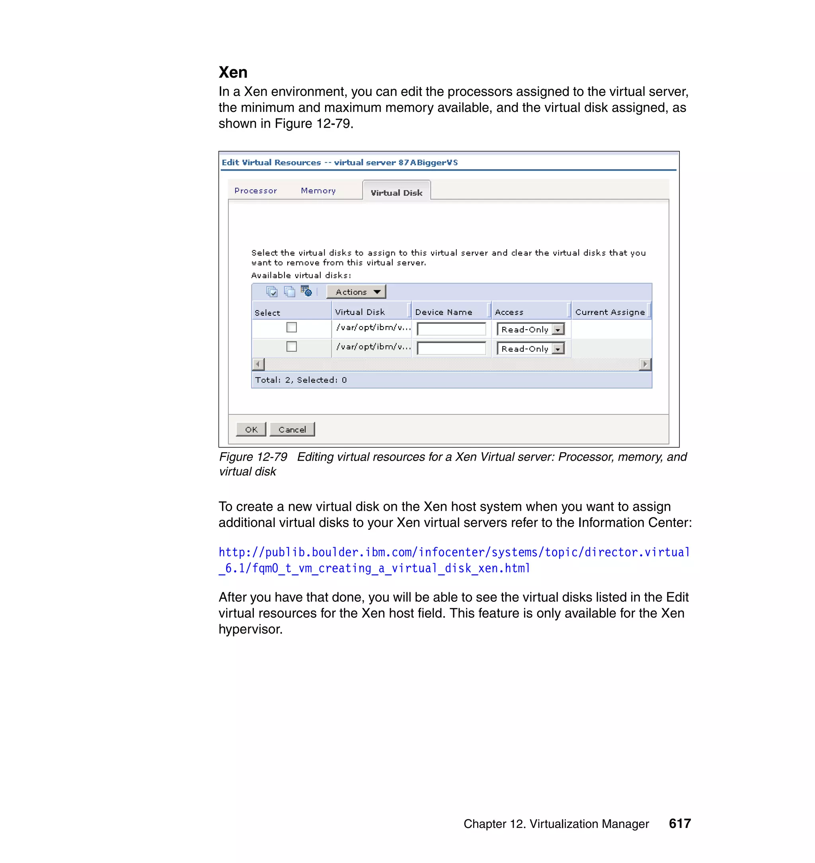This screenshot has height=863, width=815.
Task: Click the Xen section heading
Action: click(233, 72)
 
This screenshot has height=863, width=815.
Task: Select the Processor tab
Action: click(255, 191)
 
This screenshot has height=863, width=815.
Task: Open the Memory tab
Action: click(318, 191)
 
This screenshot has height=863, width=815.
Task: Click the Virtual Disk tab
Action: click(396, 193)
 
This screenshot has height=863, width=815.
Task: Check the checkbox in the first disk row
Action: click(292, 327)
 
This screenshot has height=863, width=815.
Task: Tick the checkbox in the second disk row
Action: click(292, 346)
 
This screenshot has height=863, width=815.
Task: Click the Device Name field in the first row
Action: click(451, 329)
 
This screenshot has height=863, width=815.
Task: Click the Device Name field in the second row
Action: click(451, 348)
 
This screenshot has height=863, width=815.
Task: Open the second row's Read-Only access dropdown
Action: click(558, 349)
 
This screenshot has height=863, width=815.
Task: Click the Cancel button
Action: click(292, 430)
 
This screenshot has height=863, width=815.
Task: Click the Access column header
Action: click(509, 312)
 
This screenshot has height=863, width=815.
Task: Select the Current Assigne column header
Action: click(610, 312)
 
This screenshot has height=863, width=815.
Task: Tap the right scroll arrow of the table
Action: click(645, 364)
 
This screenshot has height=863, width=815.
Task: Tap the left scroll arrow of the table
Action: click(258, 364)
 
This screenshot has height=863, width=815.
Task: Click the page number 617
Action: click(679, 824)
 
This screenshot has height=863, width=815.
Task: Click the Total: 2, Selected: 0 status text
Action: click(300, 380)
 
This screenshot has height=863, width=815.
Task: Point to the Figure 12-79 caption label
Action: click(253, 457)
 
